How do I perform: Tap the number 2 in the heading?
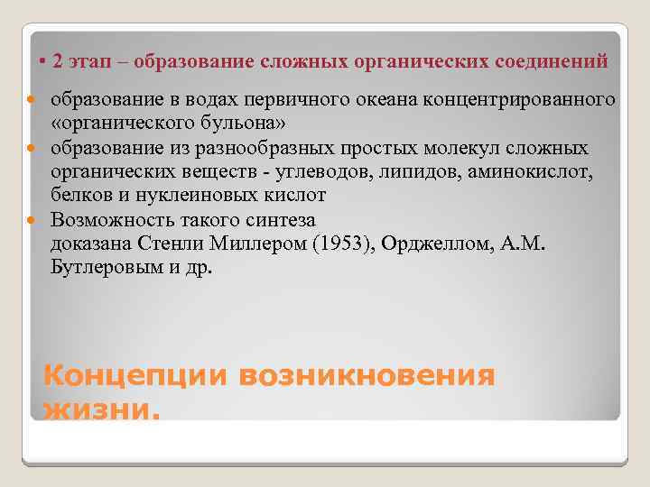pos(58,61)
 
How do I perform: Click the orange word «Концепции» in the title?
pos(135,376)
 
